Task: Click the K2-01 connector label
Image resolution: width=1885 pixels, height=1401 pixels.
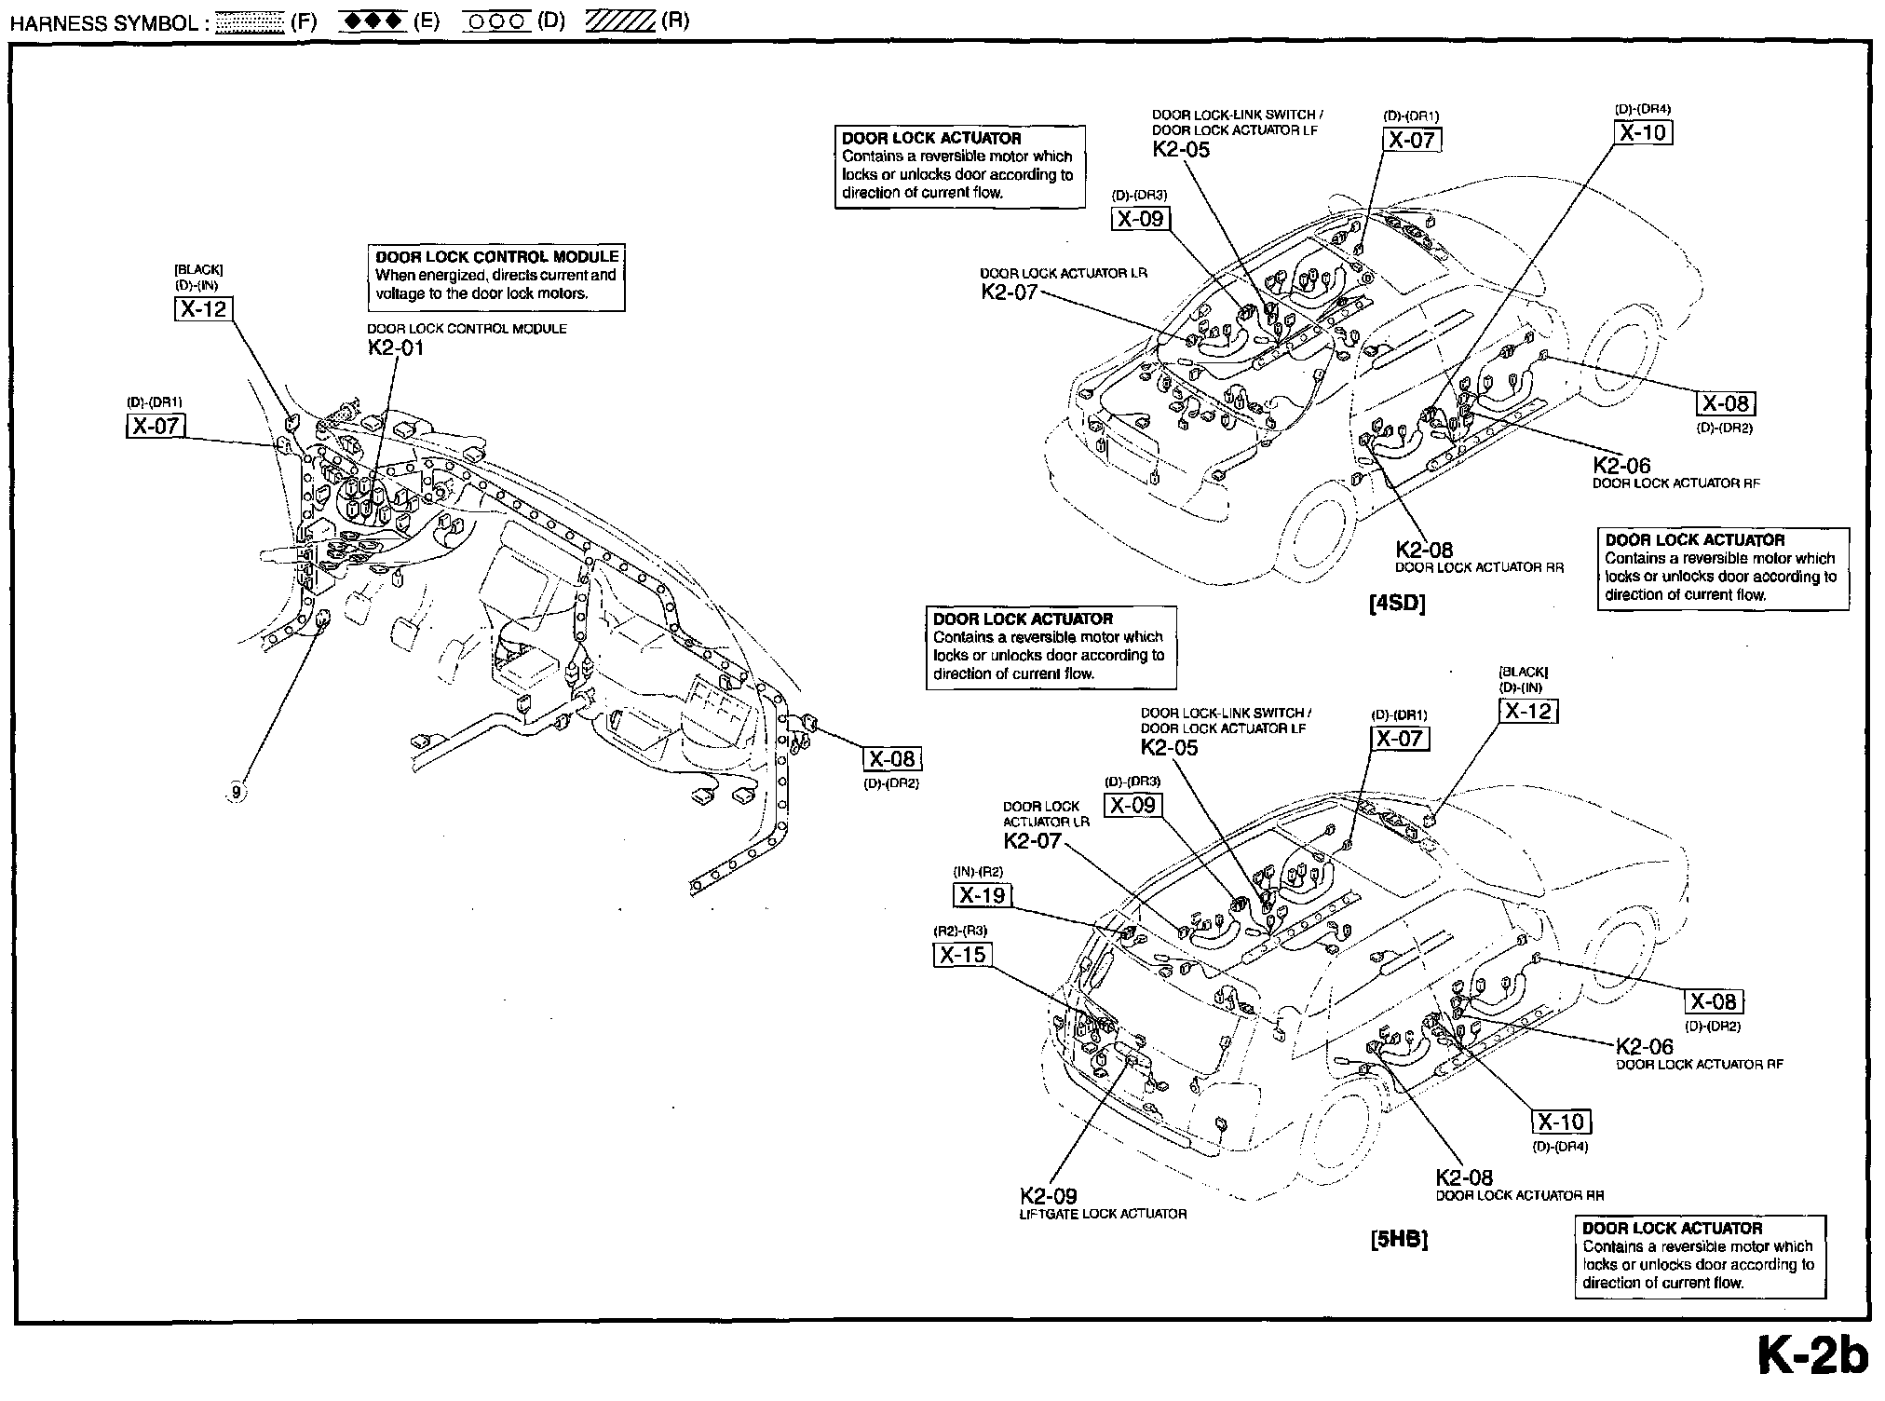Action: click(x=396, y=348)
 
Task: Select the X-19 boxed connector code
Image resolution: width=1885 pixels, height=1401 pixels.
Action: click(x=983, y=896)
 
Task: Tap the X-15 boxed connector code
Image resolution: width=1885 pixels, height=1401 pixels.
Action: click(x=962, y=955)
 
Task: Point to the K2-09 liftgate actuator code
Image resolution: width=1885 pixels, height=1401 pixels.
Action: click(x=1049, y=1196)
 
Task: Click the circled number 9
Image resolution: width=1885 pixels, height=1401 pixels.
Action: click(x=236, y=793)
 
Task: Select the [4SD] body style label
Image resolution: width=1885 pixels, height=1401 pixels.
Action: click(x=1398, y=603)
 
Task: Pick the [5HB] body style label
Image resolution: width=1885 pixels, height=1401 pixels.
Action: click(x=1399, y=1240)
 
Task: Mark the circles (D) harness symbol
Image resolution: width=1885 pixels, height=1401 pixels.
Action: click(x=497, y=22)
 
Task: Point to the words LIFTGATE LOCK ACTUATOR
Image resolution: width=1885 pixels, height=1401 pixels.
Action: click(x=1104, y=1215)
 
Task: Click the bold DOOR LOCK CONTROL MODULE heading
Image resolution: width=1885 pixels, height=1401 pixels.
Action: click(x=497, y=257)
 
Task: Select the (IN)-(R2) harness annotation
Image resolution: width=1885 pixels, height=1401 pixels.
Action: click(x=978, y=872)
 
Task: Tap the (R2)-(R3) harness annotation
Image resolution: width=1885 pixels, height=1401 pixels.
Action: click(x=960, y=931)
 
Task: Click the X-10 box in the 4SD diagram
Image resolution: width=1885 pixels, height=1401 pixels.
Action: click(x=1643, y=132)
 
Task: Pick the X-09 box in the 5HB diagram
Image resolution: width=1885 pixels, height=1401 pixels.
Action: click(x=1132, y=805)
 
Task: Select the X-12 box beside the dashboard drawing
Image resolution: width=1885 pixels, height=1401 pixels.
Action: click(x=203, y=308)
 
